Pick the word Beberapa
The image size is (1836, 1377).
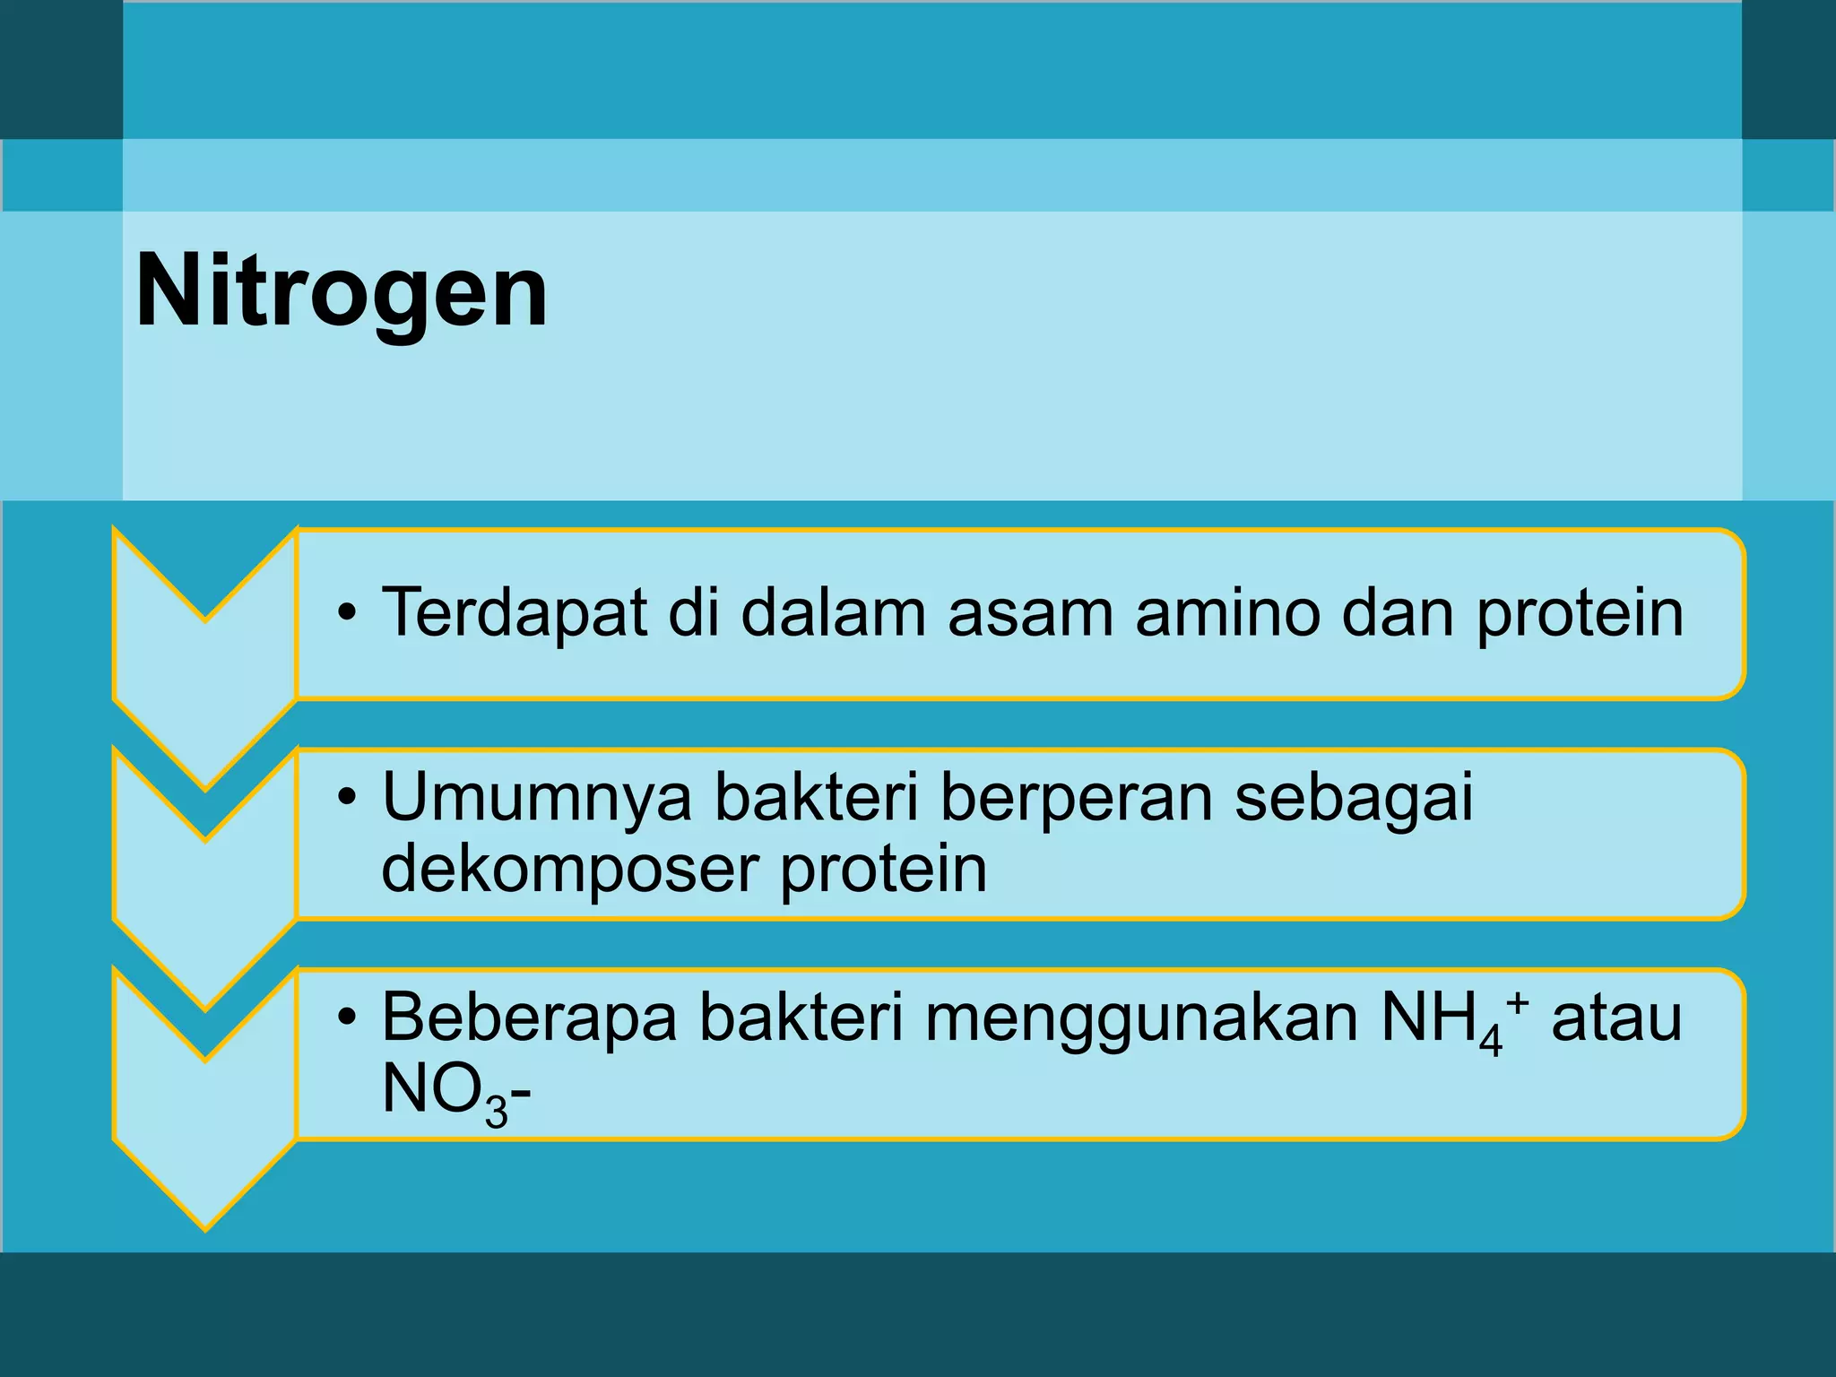tap(529, 1018)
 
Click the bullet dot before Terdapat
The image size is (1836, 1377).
tap(347, 615)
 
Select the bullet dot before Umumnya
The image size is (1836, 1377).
tap(347, 798)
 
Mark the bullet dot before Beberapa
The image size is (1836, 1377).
tap(347, 1018)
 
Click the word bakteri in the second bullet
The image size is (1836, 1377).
tap(816, 798)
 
